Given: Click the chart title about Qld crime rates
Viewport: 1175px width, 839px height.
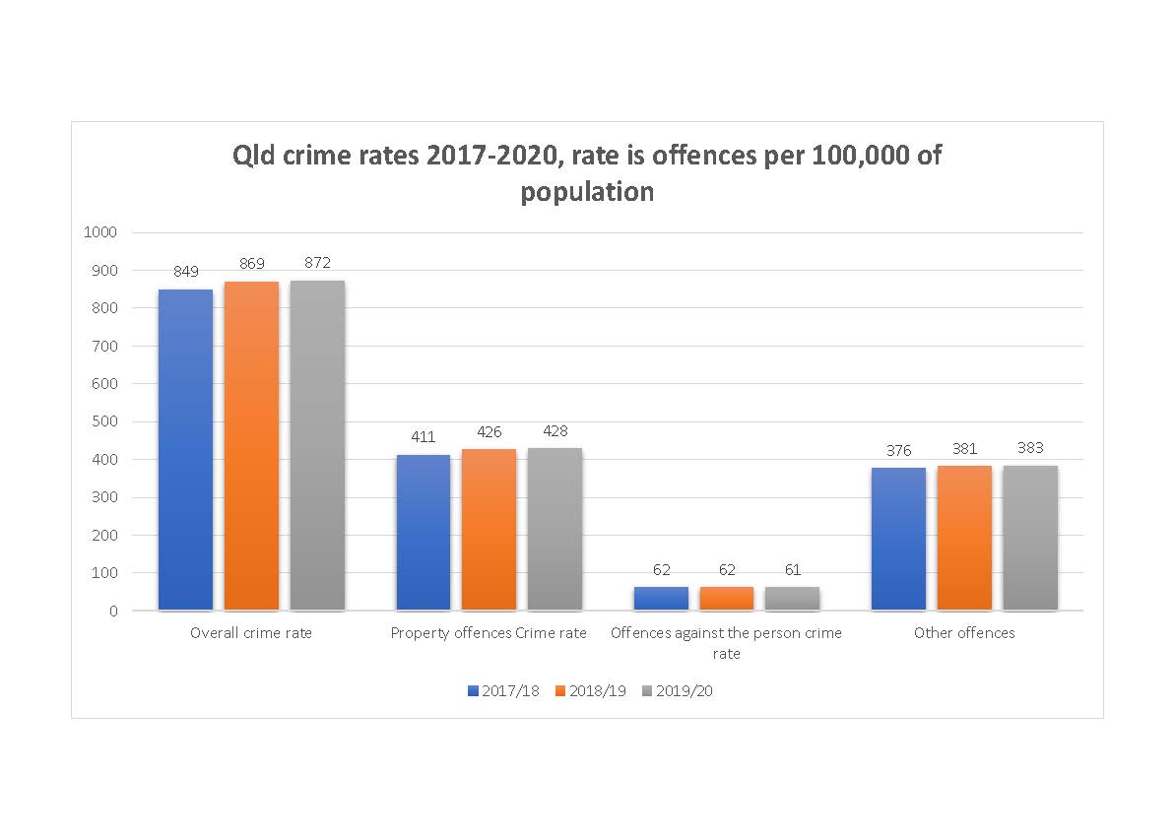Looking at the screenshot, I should [x=587, y=173].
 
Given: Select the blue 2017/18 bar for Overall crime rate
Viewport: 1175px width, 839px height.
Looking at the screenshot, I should [x=185, y=449].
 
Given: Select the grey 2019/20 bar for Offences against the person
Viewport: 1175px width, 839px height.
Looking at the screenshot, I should [x=792, y=599].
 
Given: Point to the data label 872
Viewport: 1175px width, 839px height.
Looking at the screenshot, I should [x=317, y=262].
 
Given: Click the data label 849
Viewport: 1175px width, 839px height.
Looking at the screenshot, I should [x=186, y=271].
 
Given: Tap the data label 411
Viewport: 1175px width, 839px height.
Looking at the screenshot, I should [x=424, y=436].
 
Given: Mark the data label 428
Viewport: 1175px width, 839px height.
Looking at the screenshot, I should [x=555, y=430].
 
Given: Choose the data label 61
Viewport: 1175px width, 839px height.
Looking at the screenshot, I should [x=792, y=569].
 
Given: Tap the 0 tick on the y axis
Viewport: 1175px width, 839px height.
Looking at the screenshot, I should [x=113, y=611].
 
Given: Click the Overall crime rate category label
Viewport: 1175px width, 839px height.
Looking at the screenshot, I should [x=251, y=633].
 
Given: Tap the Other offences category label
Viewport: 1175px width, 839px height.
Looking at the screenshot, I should [x=964, y=633].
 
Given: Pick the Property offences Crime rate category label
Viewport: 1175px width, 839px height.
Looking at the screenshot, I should [x=489, y=633].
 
